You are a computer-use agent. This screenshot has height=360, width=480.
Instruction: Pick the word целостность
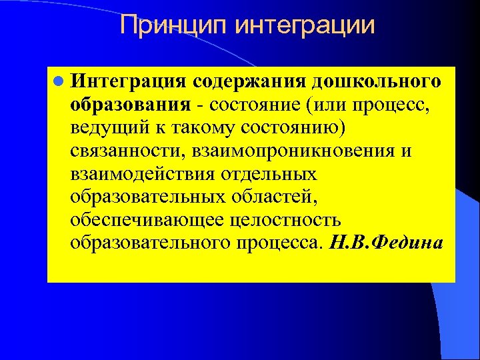tap(285, 219)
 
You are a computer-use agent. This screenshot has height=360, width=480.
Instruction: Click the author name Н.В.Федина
tap(386, 242)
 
